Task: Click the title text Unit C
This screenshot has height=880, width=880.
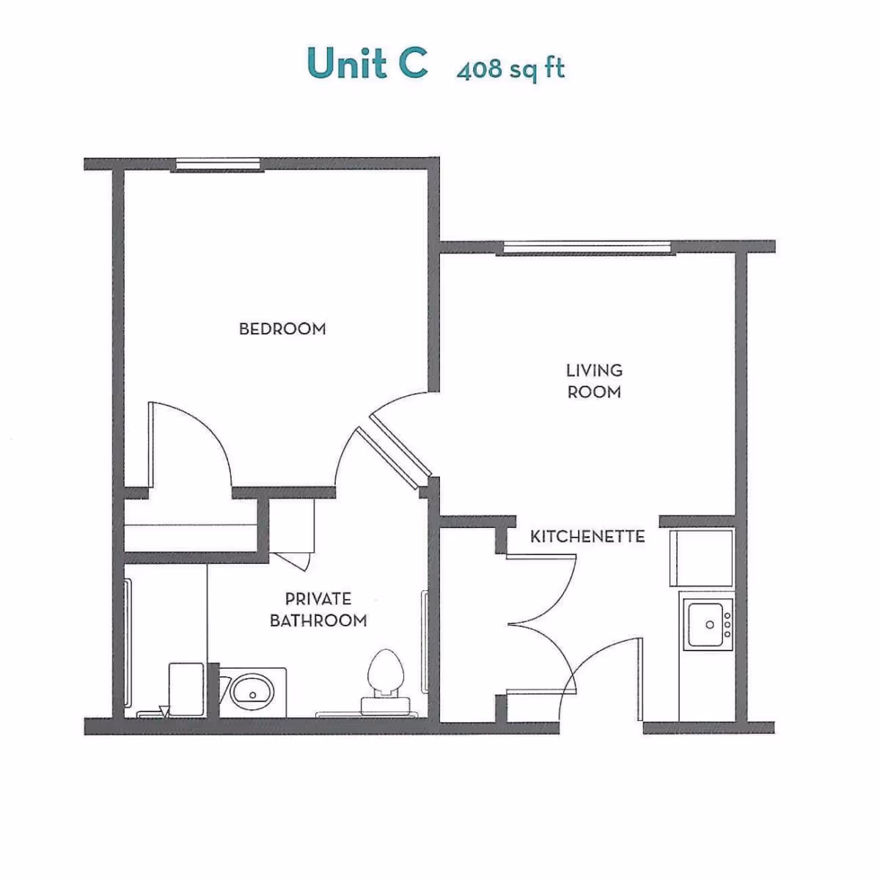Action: (x=367, y=63)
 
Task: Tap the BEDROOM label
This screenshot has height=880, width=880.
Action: (x=282, y=329)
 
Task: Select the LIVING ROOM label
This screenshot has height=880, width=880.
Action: (x=594, y=381)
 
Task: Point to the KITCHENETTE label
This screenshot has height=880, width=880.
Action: (x=587, y=536)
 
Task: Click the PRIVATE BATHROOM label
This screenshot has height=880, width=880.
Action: (x=318, y=609)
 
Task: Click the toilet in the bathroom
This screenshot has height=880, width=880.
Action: (x=385, y=678)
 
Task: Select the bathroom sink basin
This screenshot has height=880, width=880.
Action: (x=252, y=691)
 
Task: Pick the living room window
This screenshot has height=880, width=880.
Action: (x=584, y=249)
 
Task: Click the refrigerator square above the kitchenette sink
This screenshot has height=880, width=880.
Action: (x=702, y=557)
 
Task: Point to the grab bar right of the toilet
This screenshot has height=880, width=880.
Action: (x=425, y=640)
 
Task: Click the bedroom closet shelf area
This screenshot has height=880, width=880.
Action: (x=191, y=524)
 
